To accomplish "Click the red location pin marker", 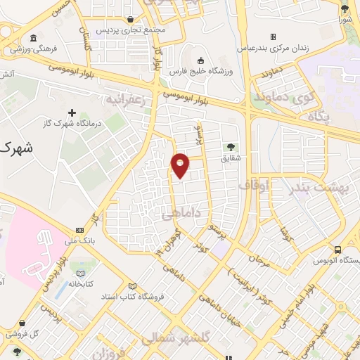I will click(x=181, y=165).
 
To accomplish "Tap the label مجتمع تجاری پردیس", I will click(x=129, y=31).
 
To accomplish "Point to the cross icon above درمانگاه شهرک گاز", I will click(x=72, y=112).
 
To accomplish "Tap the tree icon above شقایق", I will click(x=231, y=147).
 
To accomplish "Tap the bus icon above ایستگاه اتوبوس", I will click(x=338, y=250).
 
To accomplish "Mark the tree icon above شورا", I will click(x=345, y=8).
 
